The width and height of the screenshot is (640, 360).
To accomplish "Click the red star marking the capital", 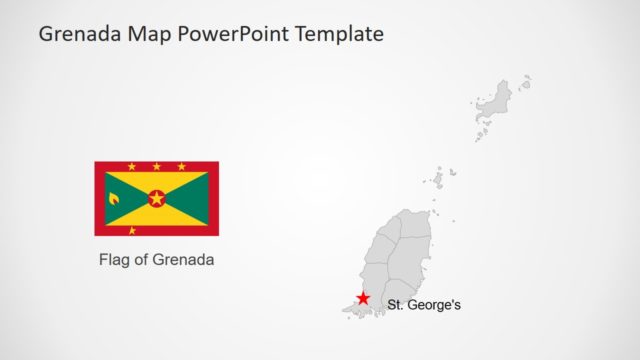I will [x=363, y=299].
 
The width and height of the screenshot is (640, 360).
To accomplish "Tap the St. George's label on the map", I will [x=424, y=305].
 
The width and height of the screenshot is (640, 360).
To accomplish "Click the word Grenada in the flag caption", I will [x=186, y=260].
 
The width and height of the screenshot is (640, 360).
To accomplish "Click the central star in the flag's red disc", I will [x=157, y=198].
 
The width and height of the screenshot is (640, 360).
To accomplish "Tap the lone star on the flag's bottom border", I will [x=132, y=231].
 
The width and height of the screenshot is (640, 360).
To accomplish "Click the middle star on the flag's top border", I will [x=157, y=166].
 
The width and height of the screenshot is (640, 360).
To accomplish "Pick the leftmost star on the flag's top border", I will [x=132, y=166].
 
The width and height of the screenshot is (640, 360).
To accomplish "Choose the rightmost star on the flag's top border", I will [x=182, y=166].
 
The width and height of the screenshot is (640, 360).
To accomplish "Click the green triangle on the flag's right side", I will [x=193, y=198].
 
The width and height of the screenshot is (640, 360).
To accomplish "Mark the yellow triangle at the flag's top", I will [x=157, y=180].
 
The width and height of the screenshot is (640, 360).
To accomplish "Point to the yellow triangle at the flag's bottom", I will [x=157, y=217].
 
